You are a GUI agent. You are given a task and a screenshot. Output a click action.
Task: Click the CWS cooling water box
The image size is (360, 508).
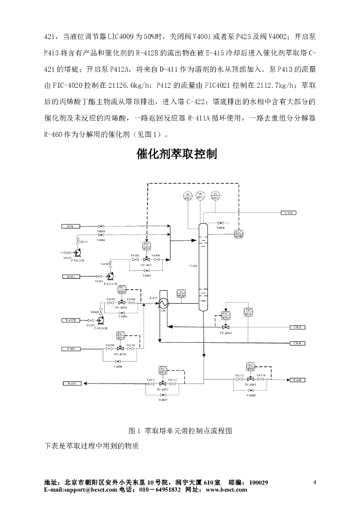click(x=298, y=327)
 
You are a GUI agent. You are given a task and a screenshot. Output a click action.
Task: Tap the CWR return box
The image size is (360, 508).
click(x=298, y=343)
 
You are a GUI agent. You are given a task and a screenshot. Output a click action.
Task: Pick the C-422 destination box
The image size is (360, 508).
click(x=288, y=213)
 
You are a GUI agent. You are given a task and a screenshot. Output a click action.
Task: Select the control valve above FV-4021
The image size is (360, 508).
click(x=146, y=259)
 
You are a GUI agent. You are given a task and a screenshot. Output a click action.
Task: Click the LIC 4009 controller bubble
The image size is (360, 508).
click(x=239, y=234)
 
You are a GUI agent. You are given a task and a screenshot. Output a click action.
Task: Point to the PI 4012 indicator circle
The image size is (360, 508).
click(x=201, y=195)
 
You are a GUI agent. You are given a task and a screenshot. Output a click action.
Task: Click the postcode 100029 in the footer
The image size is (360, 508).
click(x=259, y=483)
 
